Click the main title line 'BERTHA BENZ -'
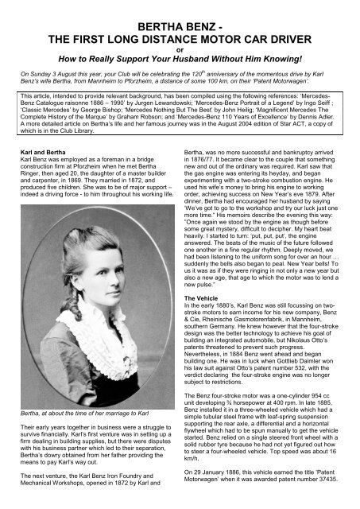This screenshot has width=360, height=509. (x=180, y=10)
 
